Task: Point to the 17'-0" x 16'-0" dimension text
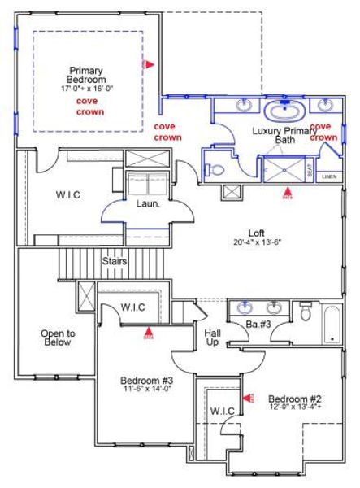coord(86,88)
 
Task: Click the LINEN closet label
coord(328,176)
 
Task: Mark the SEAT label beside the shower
coord(309,170)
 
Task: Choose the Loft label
coord(256,233)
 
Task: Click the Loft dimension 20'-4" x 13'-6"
coord(256,242)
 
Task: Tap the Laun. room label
coord(146,204)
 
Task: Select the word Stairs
coord(114,262)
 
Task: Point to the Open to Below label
coord(58,338)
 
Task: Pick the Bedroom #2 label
coord(295,399)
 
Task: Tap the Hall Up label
coord(212,338)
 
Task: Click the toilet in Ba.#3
coord(305,312)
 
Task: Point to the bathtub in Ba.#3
coord(332,324)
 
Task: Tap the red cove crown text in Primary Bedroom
coord(90,106)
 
